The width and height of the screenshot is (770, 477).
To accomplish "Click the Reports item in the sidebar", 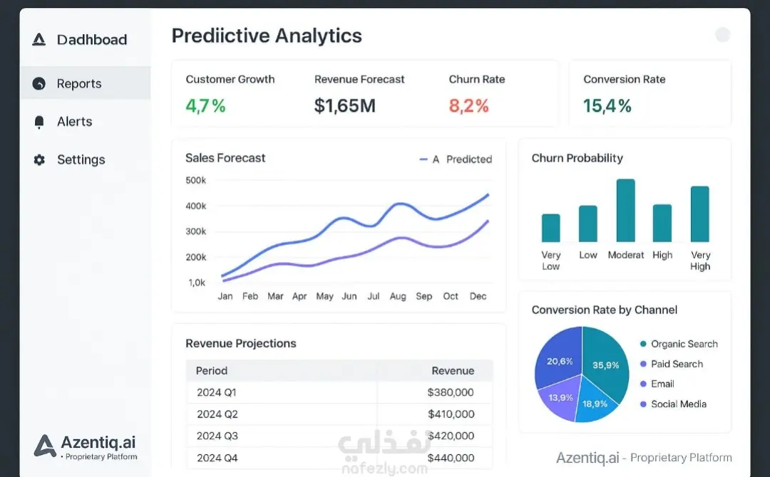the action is [79, 84].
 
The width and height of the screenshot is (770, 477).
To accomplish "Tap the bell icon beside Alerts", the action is [39, 122].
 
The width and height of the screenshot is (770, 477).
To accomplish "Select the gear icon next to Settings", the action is [39, 159].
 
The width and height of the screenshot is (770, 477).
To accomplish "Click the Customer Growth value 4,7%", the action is [205, 106].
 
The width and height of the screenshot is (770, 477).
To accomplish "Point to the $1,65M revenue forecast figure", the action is [345, 106].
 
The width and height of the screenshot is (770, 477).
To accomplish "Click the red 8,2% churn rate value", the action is [468, 106].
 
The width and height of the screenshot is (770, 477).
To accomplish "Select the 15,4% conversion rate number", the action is [607, 106].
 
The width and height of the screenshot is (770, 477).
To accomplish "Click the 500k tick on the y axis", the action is [196, 180].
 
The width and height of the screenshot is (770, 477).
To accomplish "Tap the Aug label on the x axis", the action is [398, 296].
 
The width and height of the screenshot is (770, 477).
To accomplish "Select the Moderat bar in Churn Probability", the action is [626, 210].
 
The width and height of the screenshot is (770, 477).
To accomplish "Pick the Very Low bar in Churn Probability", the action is [551, 228].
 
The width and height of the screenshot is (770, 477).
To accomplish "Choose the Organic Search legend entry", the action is [679, 344].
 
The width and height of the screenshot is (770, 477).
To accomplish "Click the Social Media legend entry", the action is [673, 404].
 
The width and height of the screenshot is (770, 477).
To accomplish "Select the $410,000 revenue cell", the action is [451, 414].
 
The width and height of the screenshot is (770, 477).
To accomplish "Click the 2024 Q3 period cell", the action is [217, 436].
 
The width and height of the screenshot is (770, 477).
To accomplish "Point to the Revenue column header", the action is [453, 371].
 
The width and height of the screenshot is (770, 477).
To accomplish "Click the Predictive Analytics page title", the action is [267, 36].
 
